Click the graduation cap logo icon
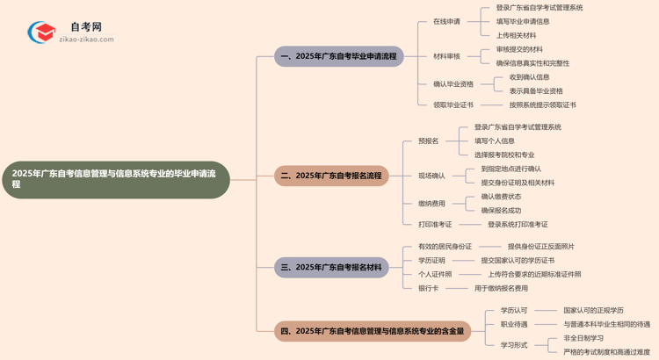click(41, 32)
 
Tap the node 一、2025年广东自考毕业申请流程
click(339, 57)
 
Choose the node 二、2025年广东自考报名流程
click(331, 176)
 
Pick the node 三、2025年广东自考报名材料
click(331, 267)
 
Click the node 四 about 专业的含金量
click(373, 332)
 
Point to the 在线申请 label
click(446, 21)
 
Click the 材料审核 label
click(446, 56)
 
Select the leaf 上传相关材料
click(516, 35)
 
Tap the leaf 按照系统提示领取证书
click(542, 104)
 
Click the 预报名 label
click(429, 140)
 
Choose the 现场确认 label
click(431, 176)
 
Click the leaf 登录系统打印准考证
click(518, 225)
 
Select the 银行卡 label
click(429, 288)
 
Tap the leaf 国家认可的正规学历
click(593, 310)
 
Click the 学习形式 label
click(514, 345)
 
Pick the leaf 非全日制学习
click(583, 338)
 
